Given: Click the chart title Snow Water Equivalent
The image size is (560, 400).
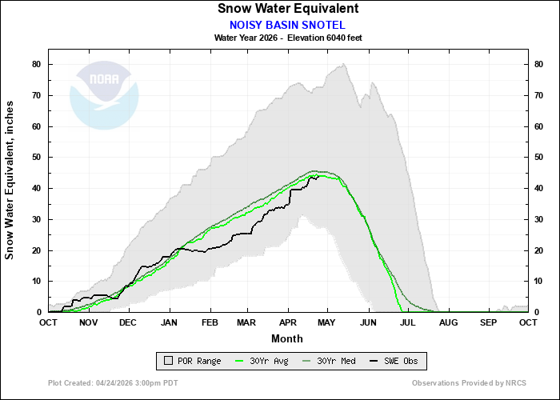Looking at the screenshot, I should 287,9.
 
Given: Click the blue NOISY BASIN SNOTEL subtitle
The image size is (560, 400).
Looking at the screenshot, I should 287,25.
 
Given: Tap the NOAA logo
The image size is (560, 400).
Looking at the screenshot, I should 104,95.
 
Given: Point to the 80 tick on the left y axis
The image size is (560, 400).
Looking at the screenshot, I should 37,64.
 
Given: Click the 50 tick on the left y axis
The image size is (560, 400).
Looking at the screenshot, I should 37,157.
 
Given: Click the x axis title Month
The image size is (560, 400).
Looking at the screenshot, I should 287,338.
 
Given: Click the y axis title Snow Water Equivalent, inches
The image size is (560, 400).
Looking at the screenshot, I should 10,179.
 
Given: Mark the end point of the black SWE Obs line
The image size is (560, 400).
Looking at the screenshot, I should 318,177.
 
